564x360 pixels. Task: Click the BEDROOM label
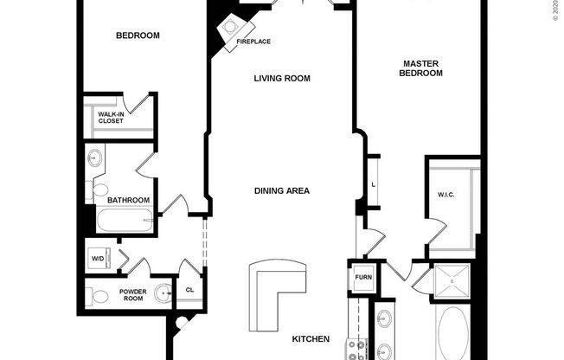[x=138, y=35]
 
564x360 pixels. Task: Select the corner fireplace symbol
[x=231, y=29]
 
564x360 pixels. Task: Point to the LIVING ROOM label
[x=282, y=79]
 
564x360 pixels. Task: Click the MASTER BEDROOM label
[x=421, y=68]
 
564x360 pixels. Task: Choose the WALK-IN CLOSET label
[x=110, y=118]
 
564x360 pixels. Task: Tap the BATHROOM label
[x=128, y=200]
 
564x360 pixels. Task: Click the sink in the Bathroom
[x=94, y=160]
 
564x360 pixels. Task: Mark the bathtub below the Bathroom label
[x=125, y=222]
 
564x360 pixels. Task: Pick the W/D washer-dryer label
[x=96, y=258]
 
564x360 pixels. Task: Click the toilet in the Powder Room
[x=98, y=293]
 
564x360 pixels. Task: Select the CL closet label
[x=190, y=290]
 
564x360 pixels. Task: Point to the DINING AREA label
[x=282, y=191]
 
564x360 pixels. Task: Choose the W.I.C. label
[x=445, y=194]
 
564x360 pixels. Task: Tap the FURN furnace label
[x=362, y=277]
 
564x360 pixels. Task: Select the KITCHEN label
[x=310, y=339]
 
